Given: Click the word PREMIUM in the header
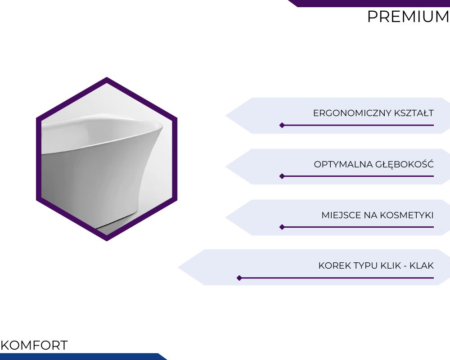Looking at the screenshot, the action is click(408, 16).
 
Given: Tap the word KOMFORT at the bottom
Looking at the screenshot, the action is click(34, 345).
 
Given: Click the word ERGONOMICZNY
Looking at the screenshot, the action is click(352, 113).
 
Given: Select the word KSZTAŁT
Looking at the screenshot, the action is click(414, 113).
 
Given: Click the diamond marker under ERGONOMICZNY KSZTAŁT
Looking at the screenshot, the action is click(282, 125).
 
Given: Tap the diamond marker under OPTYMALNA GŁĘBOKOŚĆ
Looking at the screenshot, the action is click(282, 176).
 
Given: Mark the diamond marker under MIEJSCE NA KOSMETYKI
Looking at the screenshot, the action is click(282, 227).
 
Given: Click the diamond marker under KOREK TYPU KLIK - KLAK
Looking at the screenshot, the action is click(239, 278).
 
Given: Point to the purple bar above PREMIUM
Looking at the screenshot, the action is click(369, 3).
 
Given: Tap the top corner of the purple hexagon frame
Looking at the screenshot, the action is click(107, 77).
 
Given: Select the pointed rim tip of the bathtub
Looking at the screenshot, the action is click(162, 126).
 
